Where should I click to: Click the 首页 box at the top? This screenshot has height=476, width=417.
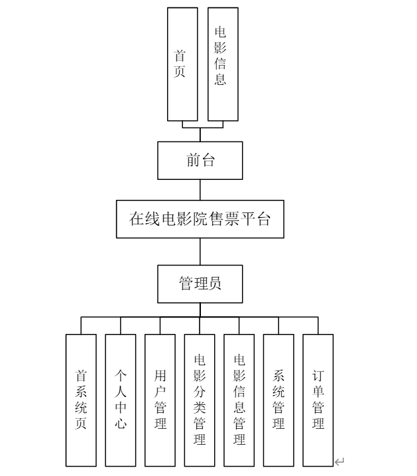click(x=182, y=64)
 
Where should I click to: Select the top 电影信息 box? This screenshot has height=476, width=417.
click(x=223, y=64)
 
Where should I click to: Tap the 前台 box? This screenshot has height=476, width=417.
click(x=200, y=160)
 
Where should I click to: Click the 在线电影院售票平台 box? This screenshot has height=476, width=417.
click(x=200, y=218)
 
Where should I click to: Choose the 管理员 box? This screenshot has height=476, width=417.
click(x=200, y=284)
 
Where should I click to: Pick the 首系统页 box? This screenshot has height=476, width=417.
click(x=81, y=400)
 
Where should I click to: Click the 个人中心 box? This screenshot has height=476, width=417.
click(x=121, y=400)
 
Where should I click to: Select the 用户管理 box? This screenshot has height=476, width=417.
click(x=160, y=400)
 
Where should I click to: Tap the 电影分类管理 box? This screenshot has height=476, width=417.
click(x=200, y=400)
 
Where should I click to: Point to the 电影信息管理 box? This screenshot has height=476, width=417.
click(x=239, y=400)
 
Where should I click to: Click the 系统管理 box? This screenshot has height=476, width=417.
click(x=278, y=400)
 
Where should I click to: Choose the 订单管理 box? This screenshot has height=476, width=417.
click(x=318, y=400)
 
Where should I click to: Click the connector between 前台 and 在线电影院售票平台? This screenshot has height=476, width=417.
click(x=200, y=189)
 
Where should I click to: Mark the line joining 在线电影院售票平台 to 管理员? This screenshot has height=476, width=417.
click(x=200, y=252)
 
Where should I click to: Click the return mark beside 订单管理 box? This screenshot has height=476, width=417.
click(x=339, y=461)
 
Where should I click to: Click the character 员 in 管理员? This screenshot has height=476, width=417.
click(x=215, y=284)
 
